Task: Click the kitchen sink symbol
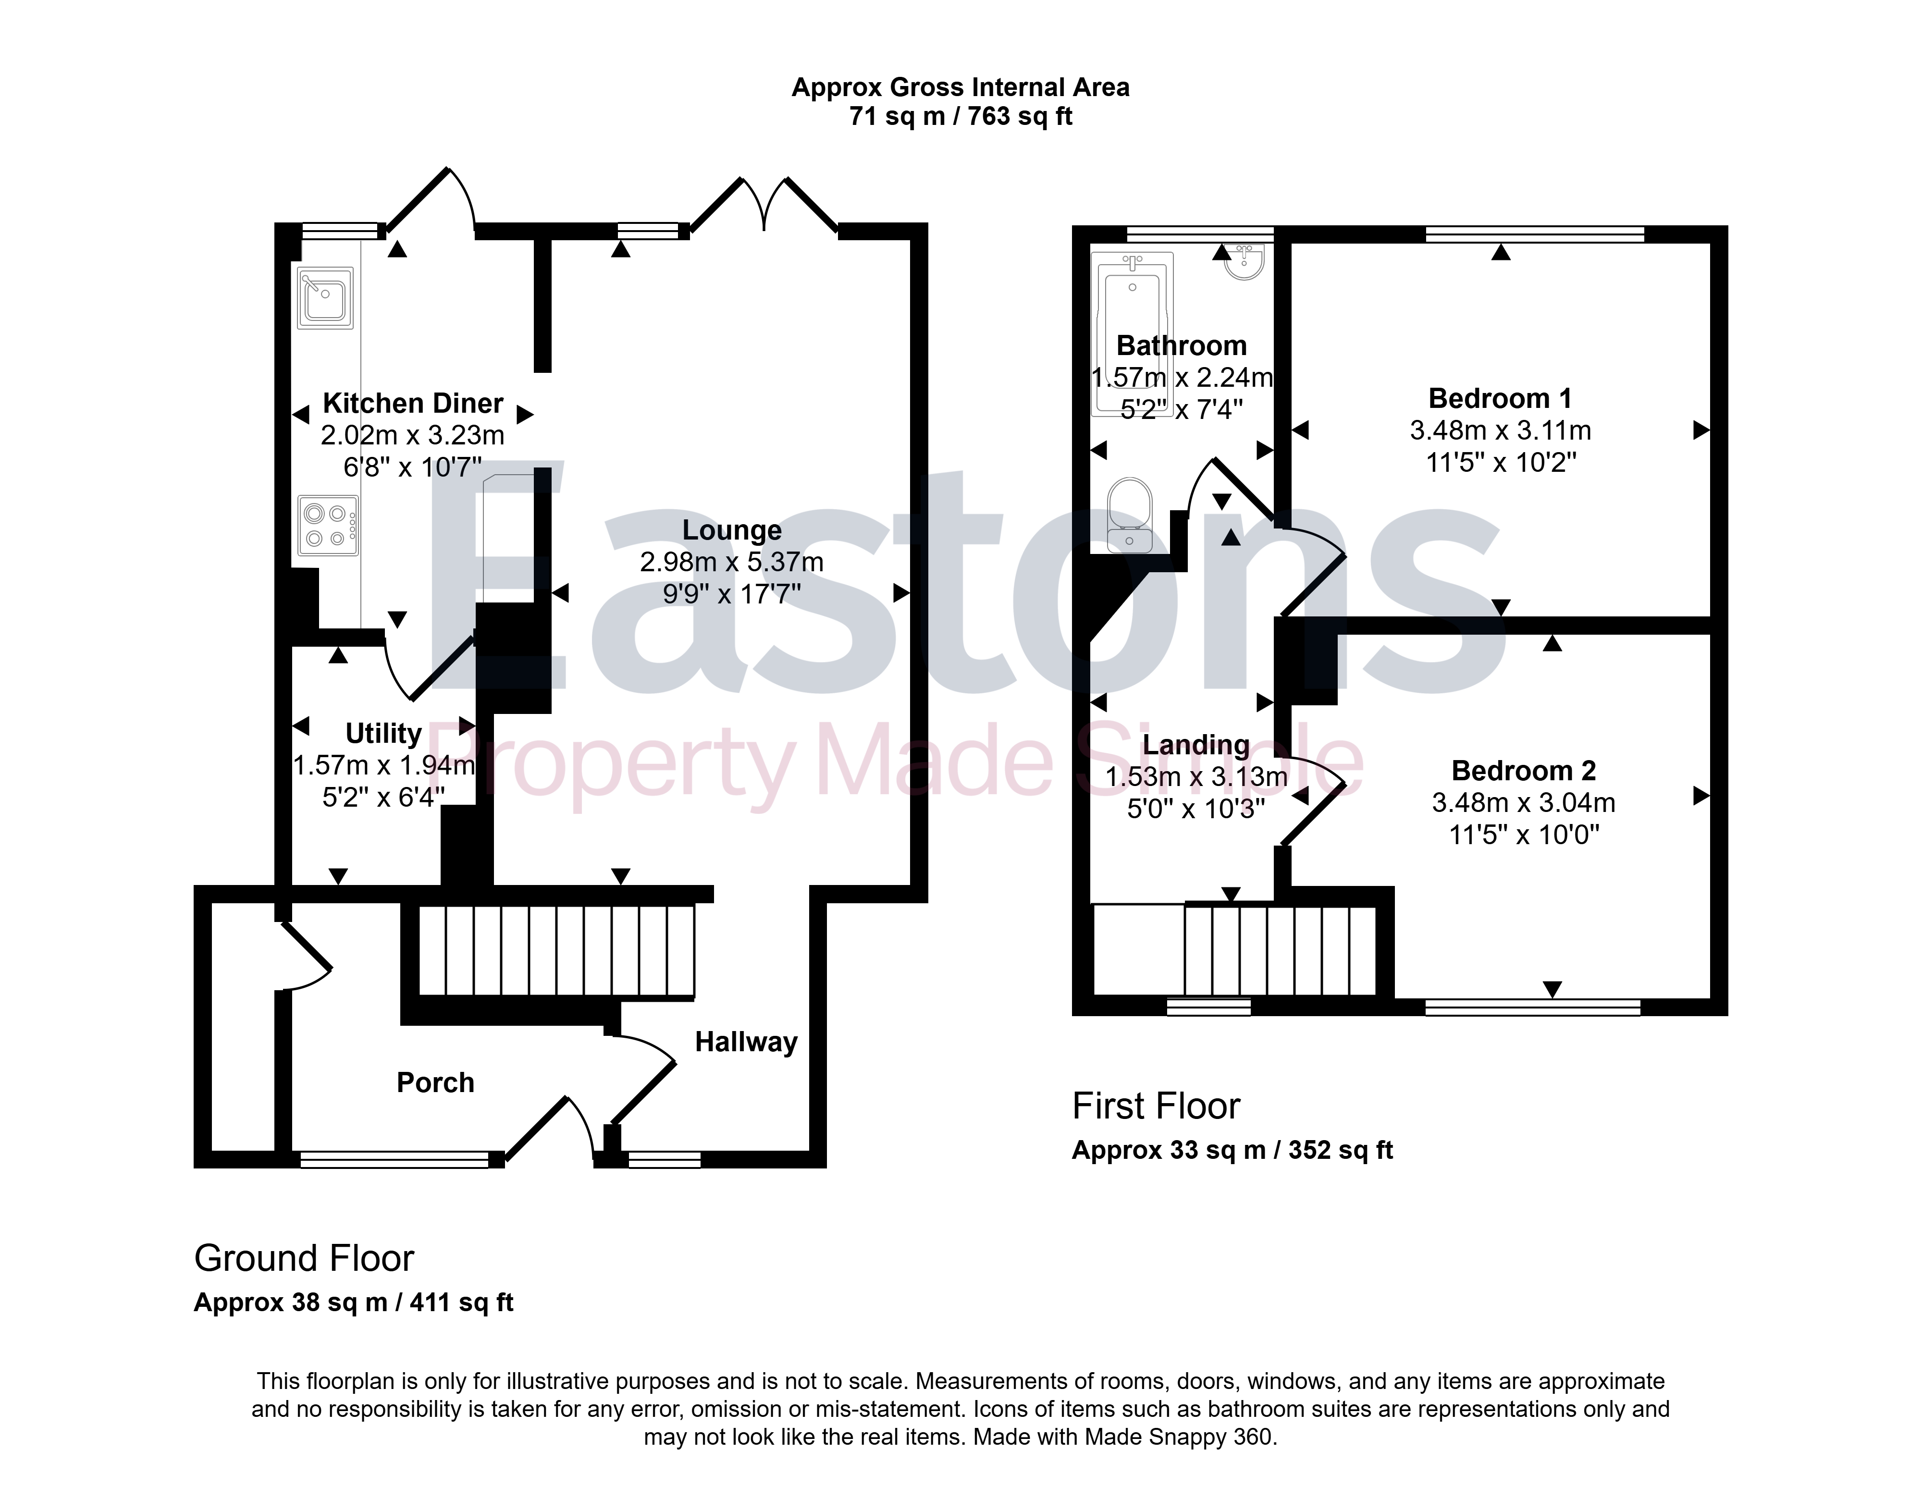coord(325,297)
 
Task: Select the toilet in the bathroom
coord(1130,515)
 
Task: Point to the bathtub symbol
coord(1132,332)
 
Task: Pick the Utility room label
coord(384,733)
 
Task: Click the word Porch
coord(436,1082)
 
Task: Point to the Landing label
coord(1196,745)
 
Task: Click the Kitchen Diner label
coord(413,403)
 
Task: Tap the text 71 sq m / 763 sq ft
coord(961,116)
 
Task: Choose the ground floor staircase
coord(556,950)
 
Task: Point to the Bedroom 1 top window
coord(1535,234)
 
